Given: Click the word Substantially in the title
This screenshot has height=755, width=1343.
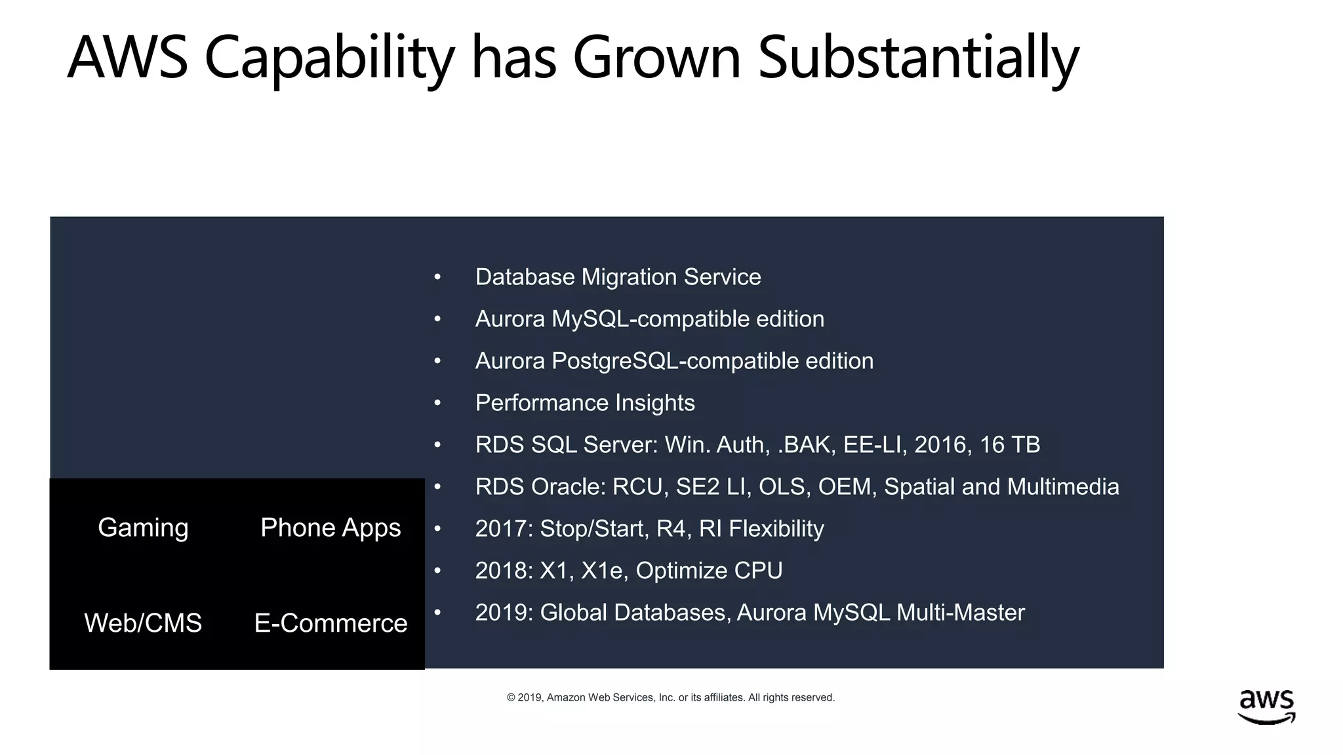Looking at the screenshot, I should [917, 58].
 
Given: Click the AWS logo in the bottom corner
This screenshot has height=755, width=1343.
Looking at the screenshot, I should [1266, 707].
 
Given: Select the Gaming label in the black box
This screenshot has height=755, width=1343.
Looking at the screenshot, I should [143, 528].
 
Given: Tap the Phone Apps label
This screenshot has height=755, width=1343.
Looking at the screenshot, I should [331, 528].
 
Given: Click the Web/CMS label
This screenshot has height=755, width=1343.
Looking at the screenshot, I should [143, 623].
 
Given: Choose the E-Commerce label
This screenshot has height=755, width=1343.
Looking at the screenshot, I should [331, 623].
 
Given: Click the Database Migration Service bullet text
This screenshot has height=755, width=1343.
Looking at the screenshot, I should [618, 277].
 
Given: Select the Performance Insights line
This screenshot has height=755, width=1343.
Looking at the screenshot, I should [585, 403].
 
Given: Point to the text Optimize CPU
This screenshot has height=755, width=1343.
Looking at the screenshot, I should [709, 571].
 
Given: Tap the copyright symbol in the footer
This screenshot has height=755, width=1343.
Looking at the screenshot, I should [511, 698].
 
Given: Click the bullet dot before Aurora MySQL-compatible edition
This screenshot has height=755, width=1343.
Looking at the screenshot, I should [437, 320].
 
